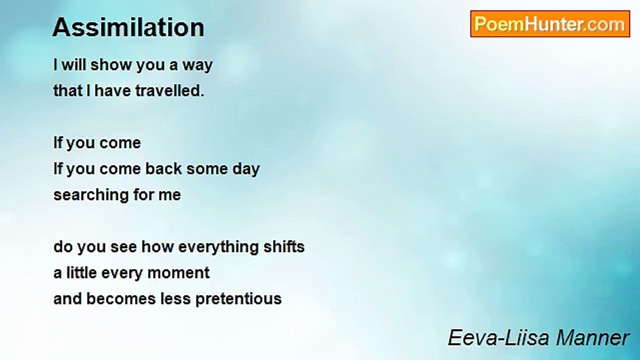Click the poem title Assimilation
click(x=128, y=27)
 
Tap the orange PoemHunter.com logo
click(x=550, y=24)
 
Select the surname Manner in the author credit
click(x=593, y=337)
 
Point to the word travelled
click(x=169, y=91)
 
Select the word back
click(x=163, y=168)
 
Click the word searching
click(x=91, y=195)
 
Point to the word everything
click(x=218, y=247)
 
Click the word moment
click(x=178, y=273)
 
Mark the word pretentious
click(x=238, y=299)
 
